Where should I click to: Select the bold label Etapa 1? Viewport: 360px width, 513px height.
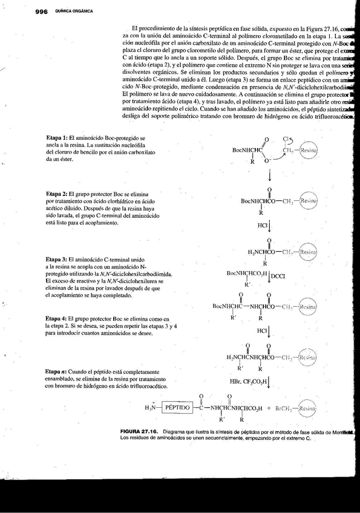pos(59,138)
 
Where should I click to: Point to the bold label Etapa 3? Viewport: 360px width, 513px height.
pos(59,258)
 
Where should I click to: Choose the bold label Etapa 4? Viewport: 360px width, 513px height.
pos(59,318)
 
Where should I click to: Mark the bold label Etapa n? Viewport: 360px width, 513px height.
pos(59,371)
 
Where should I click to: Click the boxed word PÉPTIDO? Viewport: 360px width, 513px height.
pos(177,408)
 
